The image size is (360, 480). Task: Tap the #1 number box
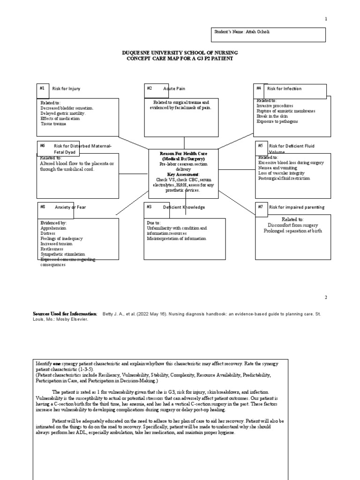click(x=43, y=88)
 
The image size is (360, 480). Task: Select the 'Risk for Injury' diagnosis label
click(x=66, y=89)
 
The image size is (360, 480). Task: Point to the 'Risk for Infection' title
click(x=285, y=89)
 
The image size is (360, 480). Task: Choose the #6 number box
click(x=43, y=146)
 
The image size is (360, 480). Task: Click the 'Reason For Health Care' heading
click(x=183, y=154)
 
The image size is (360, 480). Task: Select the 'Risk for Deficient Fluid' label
click(x=292, y=146)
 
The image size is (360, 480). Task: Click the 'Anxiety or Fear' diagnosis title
click(x=70, y=207)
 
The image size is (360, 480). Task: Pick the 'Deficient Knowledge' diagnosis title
click(x=184, y=207)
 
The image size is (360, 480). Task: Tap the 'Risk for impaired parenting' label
click(x=296, y=207)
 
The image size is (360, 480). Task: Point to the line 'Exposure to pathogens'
click(x=277, y=121)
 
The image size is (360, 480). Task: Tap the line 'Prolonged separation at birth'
click(x=292, y=231)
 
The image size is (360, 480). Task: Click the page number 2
click(x=326, y=298)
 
